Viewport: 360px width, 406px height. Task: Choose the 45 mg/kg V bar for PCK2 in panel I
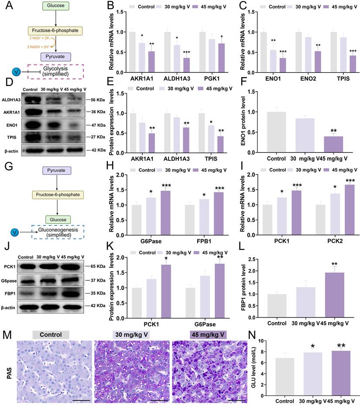(x=335, y=205)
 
